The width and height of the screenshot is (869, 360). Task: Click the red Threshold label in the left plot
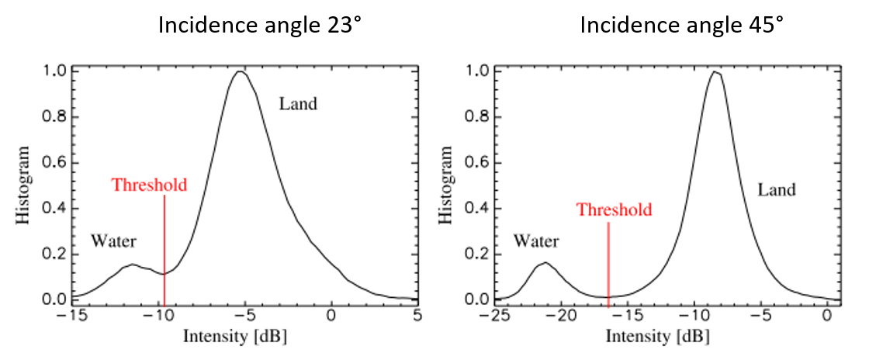tap(149, 185)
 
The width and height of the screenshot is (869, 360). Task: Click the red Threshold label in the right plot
tap(615, 210)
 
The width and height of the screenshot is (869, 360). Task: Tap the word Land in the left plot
tap(299, 104)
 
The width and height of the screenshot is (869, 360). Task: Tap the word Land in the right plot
tap(777, 189)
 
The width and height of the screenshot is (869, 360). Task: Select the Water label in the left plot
tap(113, 241)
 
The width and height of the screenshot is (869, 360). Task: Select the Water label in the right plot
tap(536, 242)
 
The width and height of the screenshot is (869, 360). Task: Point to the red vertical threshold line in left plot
tap(164, 248)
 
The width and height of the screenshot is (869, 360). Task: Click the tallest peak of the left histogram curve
tap(241, 72)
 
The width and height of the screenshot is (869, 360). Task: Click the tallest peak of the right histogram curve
tap(715, 72)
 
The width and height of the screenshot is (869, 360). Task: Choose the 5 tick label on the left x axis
tap(417, 317)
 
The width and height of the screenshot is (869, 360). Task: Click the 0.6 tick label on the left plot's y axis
tap(55, 162)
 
